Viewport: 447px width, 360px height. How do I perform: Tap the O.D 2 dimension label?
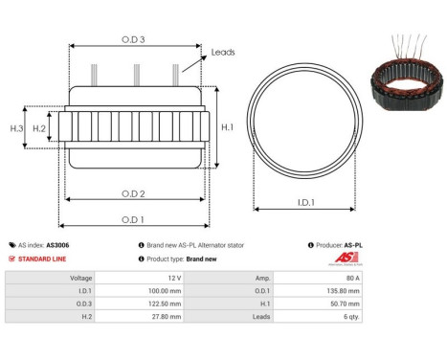point(134,193)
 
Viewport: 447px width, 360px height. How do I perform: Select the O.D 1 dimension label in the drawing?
point(132,219)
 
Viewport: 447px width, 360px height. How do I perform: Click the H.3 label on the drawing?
point(16,128)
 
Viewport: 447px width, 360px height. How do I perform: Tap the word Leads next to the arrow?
point(223,52)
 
